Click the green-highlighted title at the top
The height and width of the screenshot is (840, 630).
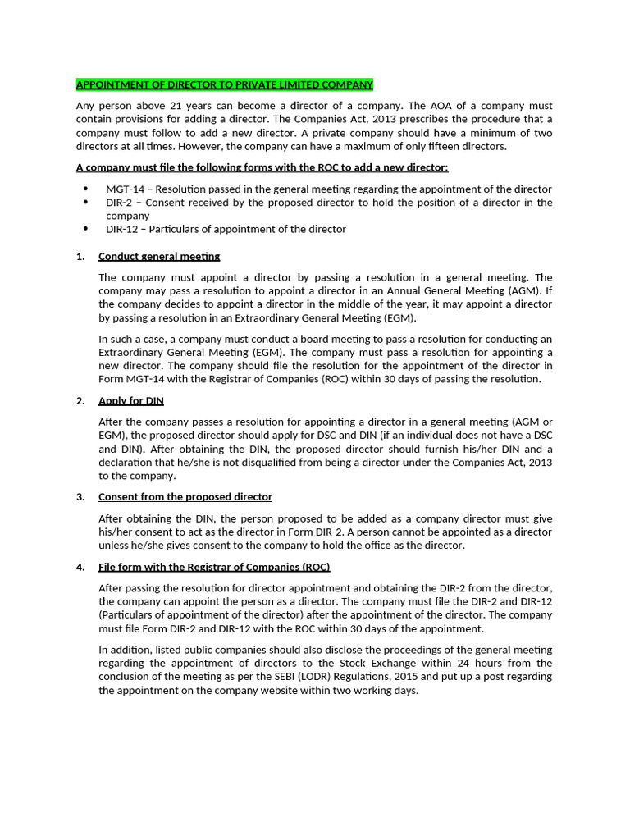[x=225, y=84]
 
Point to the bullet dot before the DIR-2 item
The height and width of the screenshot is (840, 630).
[x=86, y=203]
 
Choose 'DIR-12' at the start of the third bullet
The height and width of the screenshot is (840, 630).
[x=122, y=229]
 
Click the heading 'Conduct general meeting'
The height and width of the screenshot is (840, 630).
[x=159, y=256]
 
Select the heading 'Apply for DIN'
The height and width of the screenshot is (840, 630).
[x=131, y=400]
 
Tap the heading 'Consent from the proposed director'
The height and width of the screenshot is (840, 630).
[x=185, y=496]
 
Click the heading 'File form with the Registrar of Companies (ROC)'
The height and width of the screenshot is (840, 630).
[x=214, y=567]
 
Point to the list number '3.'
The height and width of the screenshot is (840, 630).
[x=80, y=496]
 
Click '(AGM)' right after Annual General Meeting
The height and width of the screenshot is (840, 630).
[x=522, y=290]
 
